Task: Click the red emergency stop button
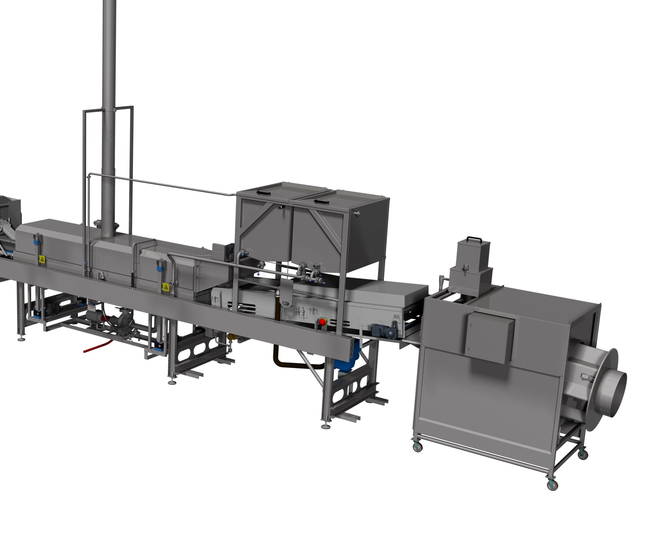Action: pyautogui.click(x=322, y=322)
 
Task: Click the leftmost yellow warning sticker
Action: pyautogui.click(x=42, y=259)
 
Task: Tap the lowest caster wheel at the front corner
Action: pyautogui.click(x=552, y=486)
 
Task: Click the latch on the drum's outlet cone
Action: pyautogui.click(x=586, y=377)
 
